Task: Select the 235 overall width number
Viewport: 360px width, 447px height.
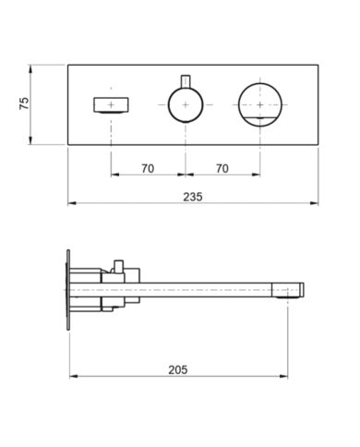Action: [x=193, y=197]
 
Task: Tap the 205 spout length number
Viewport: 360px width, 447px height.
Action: [x=178, y=368]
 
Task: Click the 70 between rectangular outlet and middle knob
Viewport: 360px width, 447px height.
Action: [x=148, y=167]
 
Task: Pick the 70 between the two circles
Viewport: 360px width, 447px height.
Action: [x=222, y=167]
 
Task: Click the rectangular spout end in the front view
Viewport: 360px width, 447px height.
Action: [x=111, y=104]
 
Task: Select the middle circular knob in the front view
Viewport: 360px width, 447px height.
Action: [x=185, y=104]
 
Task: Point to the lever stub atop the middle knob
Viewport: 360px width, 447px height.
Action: [x=185, y=78]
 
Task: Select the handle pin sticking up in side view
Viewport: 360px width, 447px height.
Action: [x=118, y=265]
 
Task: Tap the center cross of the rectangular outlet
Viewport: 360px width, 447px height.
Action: [x=111, y=104]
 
